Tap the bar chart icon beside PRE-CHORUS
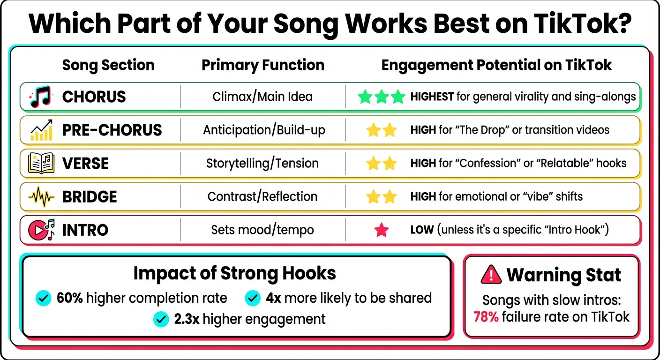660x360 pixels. point(42,130)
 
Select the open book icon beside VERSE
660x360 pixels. point(42,163)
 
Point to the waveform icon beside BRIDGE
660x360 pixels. point(42,196)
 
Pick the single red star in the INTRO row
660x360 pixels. point(382,230)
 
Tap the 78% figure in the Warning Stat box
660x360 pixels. point(486,317)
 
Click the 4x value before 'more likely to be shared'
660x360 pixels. point(274,298)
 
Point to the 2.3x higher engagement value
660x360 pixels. point(187,319)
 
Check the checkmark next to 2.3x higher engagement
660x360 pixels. point(161,319)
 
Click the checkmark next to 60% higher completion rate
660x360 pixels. point(44,298)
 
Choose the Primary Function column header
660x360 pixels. point(262,65)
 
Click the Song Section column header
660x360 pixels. point(108,65)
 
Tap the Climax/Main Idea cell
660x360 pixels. point(262,97)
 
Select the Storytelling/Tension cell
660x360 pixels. point(262,163)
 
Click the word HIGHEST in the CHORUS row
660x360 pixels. point(432,97)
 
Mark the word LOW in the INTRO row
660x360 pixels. point(420,230)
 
